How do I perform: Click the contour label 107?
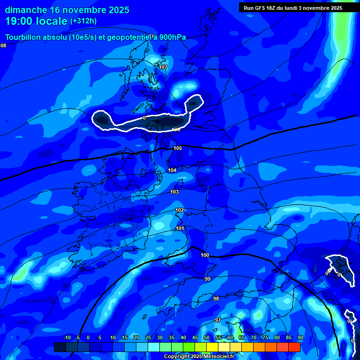point(163,67)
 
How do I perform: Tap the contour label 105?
point(178,148)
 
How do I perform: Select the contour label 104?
point(172,170)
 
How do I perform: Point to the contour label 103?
point(174,192)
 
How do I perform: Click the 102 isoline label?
point(180,210)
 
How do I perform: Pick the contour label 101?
point(180,228)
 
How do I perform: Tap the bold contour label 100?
point(205,255)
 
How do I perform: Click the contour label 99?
point(208,279)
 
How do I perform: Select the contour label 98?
point(216,299)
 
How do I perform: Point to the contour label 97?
point(218,320)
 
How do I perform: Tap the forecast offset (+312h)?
point(83,21)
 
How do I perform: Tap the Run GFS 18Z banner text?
point(293,8)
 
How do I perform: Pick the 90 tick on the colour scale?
point(300,337)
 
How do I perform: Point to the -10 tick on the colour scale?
point(67,337)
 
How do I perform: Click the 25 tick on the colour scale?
point(148,337)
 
